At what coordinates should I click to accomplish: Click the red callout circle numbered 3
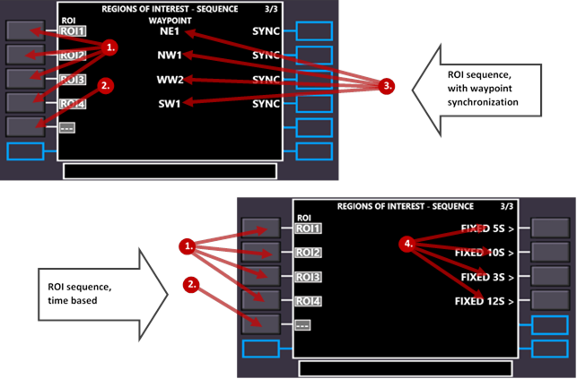tap(387, 86)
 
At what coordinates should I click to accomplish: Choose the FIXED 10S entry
tap(484, 253)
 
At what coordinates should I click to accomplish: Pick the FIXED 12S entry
tap(484, 301)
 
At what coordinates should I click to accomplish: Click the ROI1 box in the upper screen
tap(72, 31)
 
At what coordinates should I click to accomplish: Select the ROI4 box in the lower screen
tap(307, 301)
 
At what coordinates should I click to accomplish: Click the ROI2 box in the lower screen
tap(307, 253)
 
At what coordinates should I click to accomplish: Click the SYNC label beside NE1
tap(268, 31)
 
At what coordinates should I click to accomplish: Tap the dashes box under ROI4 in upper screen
tap(66, 127)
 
